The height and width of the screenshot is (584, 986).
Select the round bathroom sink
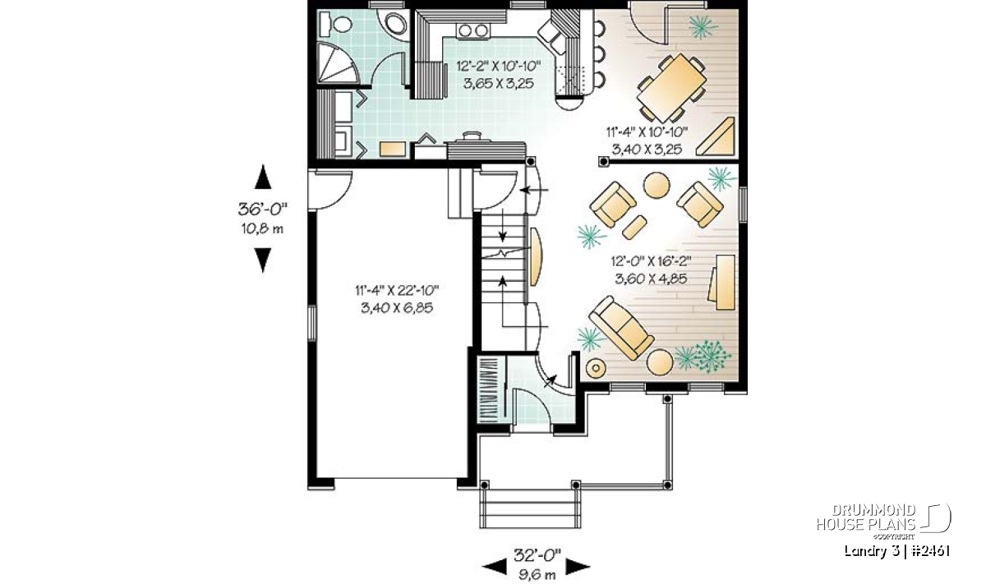pyautogui.click(x=395, y=24)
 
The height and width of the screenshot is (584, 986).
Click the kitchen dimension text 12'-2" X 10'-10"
pyautogui.click(x=498, y=67)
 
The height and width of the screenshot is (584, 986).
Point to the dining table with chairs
pyautogui.click(x=672, y=88)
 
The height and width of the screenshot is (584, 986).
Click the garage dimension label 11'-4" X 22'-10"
pyautogui.click(x=397, y=291)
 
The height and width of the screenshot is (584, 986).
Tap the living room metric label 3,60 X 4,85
pyautogui.click(x=651, y=278)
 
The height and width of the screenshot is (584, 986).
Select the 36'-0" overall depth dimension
pyautogui.click(x=263, y=209)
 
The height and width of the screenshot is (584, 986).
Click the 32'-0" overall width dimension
pyautogui.click(x=537, y=554)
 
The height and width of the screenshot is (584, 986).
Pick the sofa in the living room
pyautogui.click(x=621, y=327)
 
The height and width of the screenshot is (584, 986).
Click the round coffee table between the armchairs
pyautogui.click(x=657, y=186)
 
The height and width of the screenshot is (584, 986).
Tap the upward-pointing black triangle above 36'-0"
pyautogui.click(x=263, y=177)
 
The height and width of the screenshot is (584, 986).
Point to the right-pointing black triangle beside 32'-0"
pyautogui.click(x=578, y=567)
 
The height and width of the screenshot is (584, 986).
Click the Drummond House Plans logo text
pyautogui.click(x=866, y=517)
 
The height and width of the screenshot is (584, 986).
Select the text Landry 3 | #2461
pyautogui.click(x=896, y=551)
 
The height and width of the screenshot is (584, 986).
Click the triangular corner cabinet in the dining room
pyautogui.click(x=716, y=136)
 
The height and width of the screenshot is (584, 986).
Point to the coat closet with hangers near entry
pyautogui.click(x=490, y=389)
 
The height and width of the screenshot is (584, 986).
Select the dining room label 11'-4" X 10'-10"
pyautogui.click(x=647, y=131)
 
